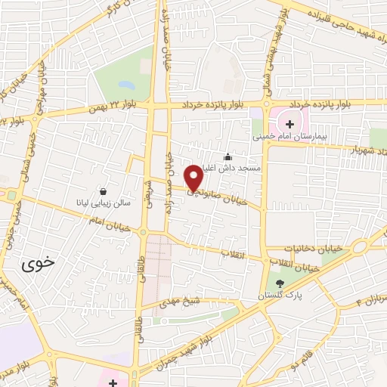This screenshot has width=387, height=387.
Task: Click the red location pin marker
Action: (193, 177)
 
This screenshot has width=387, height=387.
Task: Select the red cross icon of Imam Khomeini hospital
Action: (289, 123)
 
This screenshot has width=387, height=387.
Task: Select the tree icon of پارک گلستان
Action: (280, 284)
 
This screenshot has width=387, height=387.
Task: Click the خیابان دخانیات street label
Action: (311, 248)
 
